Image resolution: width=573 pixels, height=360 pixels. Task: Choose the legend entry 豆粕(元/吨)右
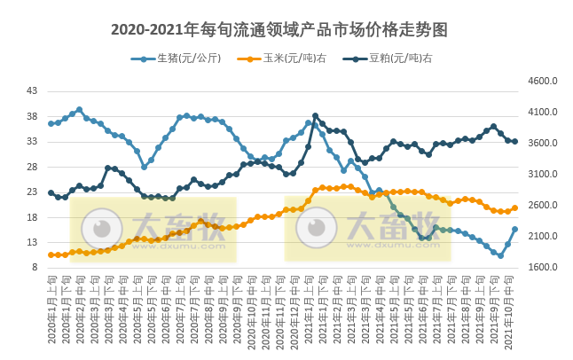394,59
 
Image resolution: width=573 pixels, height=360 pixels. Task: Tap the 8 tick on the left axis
35,267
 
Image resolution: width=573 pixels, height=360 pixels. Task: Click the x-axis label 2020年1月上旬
51,310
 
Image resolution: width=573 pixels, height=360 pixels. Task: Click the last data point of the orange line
514,208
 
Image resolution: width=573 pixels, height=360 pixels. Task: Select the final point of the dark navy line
514,141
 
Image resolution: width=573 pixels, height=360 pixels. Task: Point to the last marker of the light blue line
514,229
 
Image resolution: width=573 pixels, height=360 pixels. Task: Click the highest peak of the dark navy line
315,116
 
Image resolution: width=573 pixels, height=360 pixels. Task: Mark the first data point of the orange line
51,254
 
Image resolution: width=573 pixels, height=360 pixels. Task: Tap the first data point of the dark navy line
51,192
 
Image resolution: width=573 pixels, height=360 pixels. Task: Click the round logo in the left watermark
102,229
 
